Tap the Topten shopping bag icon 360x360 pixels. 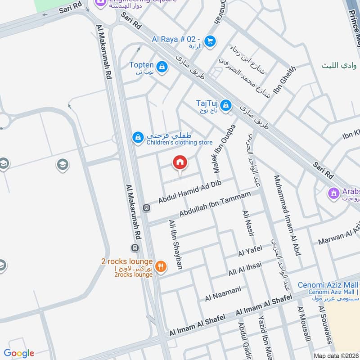(x=162, y=68)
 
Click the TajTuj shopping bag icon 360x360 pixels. (x=226, y=106)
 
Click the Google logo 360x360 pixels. (x=19, y=353)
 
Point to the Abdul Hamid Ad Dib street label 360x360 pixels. (x=191, y=192)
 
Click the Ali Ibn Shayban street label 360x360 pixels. (x=175, y=244)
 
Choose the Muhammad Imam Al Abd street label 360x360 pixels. (x=287, y=216)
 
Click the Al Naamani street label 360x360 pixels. (x=223, y=293)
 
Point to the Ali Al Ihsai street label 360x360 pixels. (x=245, y=270)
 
